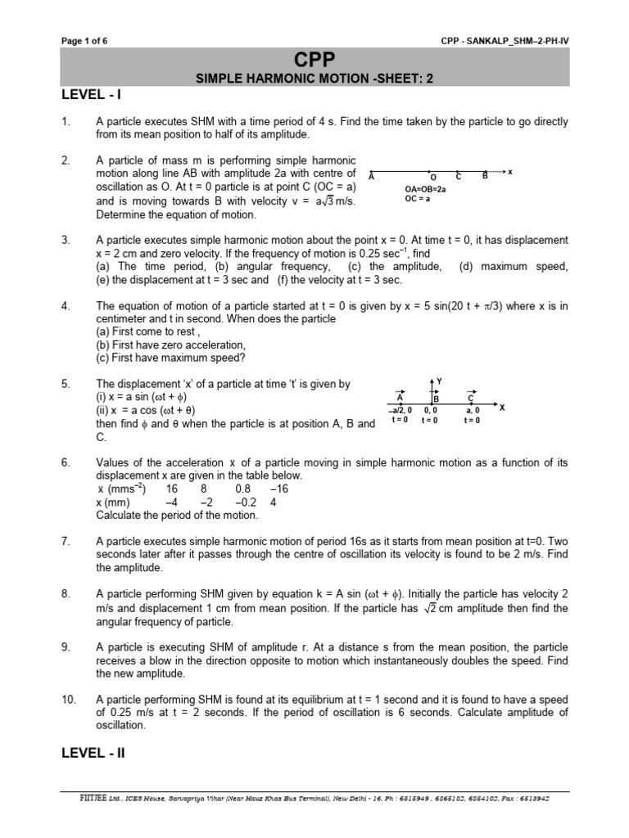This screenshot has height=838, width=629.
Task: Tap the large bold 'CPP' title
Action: [x=314, y=60]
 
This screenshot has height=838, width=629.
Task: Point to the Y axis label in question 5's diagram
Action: [x=440, y=381]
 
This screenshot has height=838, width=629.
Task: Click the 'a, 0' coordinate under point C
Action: [x=473, y=409]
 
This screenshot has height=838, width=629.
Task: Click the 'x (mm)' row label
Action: [x=115, y=502]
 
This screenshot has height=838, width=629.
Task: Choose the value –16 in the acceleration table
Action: [x=280, y=489]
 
